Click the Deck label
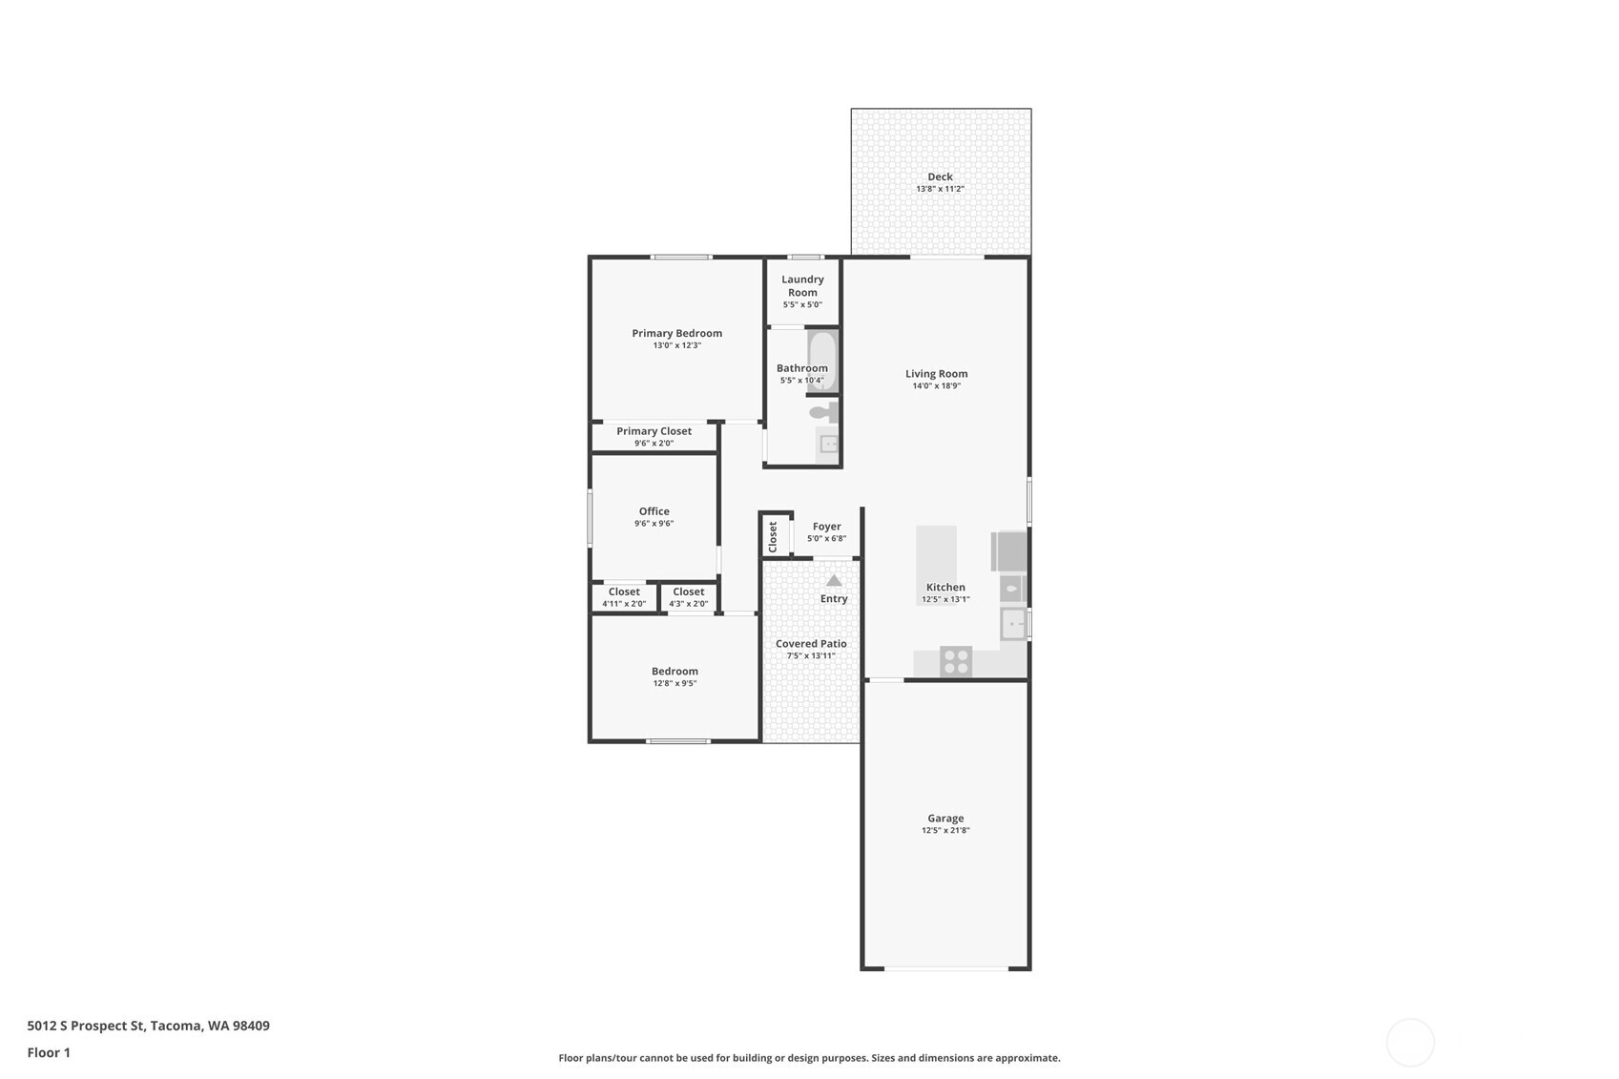pyautogui.click(x=940, y=176)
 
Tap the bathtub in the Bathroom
pyautogui.click(x=822, y=361)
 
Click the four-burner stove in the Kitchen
pyautogui.click(x=956, y=662)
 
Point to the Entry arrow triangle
pyautogui.click(x=834, y=580)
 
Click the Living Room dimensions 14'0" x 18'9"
pyautogui.click(x=936, y=386)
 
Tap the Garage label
pyautogui.click(x=945, y=819)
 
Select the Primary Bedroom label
pyautogui.click(x=676, y=333)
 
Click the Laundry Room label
pyautogui.click(x=802, y=285)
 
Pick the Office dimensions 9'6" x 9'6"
pyautogui.click(x=654, y=523)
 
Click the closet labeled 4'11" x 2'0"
pyautogui.click(x=624, y=596)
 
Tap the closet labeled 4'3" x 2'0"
pyautogui.click(x=688, y=596)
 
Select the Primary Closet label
pyautogui.click(x=654, y=430)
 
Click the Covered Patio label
pyautogui.click(x=811, y=643)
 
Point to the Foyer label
pyautogui.click(x=826, y=526)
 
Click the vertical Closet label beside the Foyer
pyautogui.click(x=773, y=537)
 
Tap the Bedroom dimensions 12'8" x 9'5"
pyautogui.click(x=675, y=683)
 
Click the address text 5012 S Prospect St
pyautogui.click(x=86, y=1026)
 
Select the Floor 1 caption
pyautogui.click(x=50, y=1052)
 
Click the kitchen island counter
pyautogui.click(x=936, y=565)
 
